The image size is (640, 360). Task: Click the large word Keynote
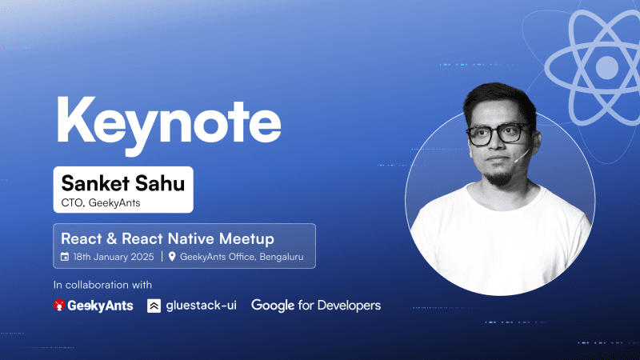168,121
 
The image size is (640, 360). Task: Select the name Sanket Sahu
122,183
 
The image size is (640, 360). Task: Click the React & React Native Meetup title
168,238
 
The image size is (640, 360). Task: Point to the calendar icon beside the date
66,257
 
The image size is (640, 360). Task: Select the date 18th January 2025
114,257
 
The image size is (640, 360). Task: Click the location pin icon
172,257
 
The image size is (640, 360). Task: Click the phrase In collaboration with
102,284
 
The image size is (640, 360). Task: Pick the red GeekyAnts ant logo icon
59,306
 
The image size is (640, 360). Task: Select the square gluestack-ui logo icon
154,306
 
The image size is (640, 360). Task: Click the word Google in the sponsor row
273,305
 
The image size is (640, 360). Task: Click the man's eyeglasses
496,134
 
